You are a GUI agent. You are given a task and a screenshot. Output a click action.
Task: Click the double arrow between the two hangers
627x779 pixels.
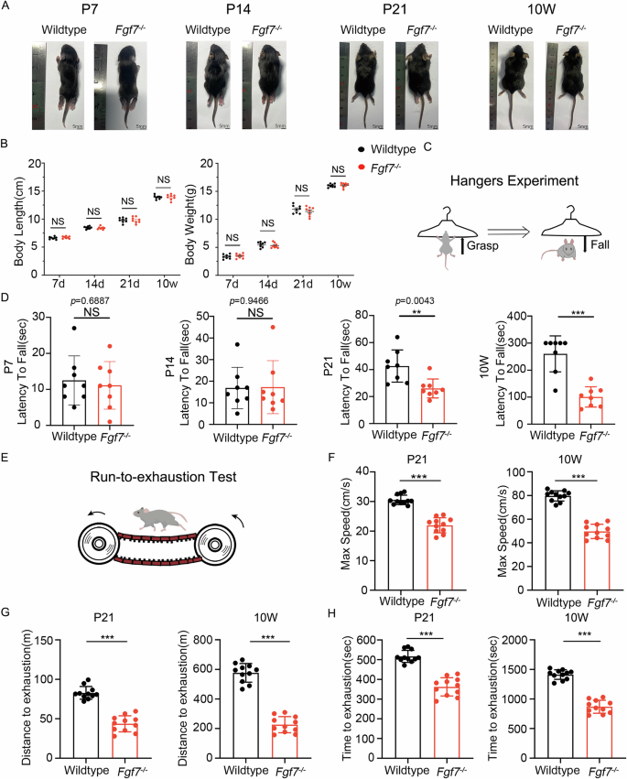click(508, 233)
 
